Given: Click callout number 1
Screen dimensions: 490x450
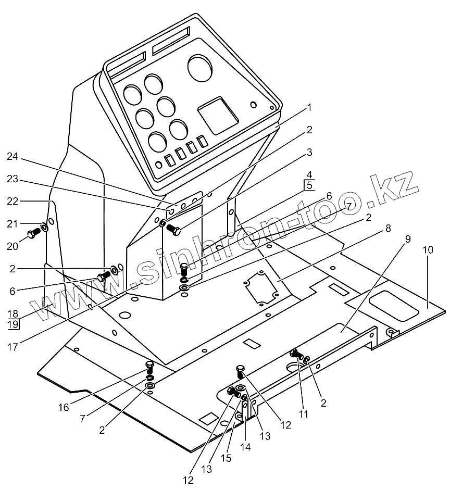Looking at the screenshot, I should point(309,108).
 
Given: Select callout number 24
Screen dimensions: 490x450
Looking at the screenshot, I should point(13,156).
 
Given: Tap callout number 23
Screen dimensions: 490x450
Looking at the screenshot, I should point(13,179).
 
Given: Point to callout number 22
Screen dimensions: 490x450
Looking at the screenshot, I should point(13,201).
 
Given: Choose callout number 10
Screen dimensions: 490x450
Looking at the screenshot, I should point(427,250).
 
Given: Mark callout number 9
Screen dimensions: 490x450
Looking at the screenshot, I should point(407,240).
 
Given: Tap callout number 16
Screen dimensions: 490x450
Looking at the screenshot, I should point(64,407).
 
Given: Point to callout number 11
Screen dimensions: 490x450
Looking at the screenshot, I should point(304,414).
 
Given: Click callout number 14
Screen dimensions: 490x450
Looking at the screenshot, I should point(247,447).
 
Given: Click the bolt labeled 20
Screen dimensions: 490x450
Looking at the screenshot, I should point(32,234).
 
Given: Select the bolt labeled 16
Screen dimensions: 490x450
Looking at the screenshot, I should point(150,366).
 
